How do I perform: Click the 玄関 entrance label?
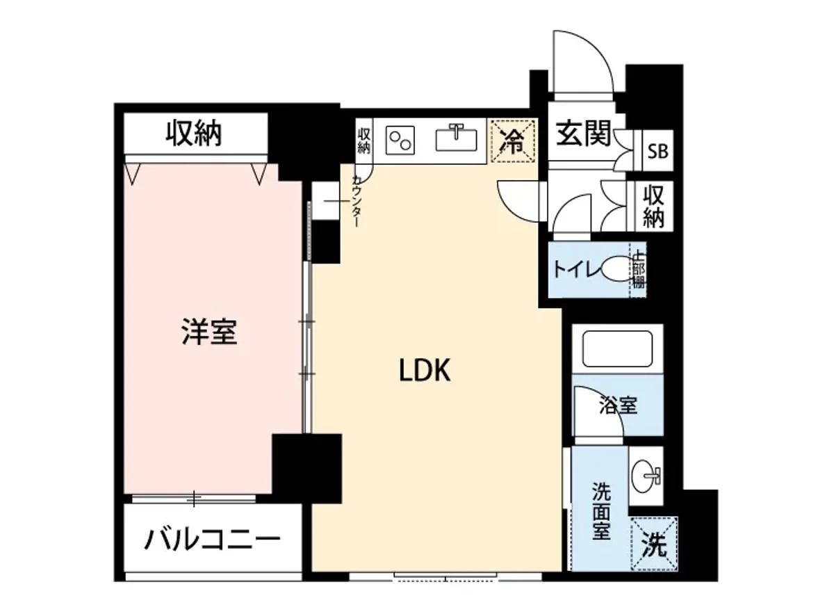point(583,134)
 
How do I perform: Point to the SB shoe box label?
point(657,151)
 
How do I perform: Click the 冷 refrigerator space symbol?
point(513,142)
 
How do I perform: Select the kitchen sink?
point(457,138)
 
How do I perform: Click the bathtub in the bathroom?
point(617,349)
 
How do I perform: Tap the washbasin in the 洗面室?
point(646,476)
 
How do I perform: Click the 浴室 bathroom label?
point(618,405)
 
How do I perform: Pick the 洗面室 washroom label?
point(601,511)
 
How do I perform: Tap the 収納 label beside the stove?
point(364,140)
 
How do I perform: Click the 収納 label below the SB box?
point(654,207)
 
